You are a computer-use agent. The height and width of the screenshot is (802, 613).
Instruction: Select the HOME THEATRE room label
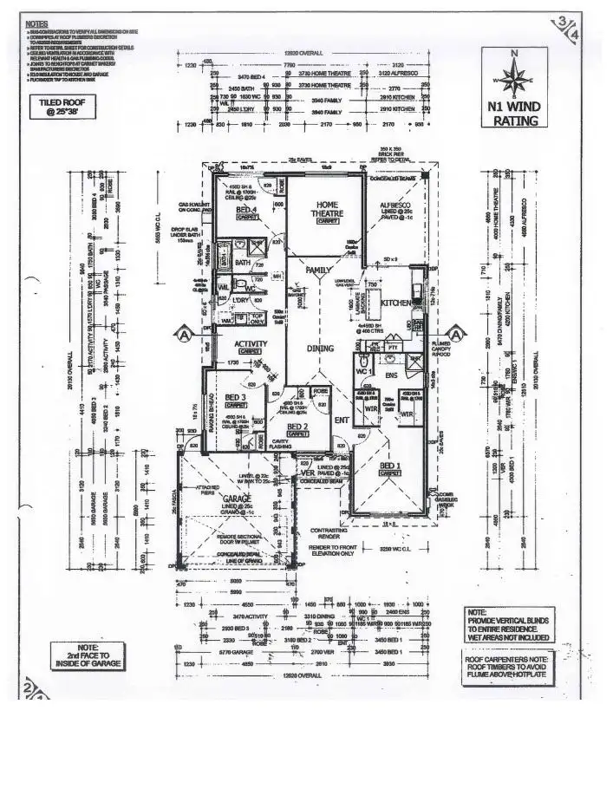click(326, 207)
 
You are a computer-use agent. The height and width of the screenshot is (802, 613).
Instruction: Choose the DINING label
click(321, 349)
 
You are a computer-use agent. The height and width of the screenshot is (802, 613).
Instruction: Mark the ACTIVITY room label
click(250, 344)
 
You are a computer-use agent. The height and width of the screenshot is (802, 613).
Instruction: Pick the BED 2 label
click(297, 427)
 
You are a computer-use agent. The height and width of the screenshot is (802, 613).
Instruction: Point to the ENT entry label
click(342, 421)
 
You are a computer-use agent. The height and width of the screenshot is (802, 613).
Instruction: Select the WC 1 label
click(364, 372)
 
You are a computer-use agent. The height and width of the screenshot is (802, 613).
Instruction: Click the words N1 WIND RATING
click(514, 115)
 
